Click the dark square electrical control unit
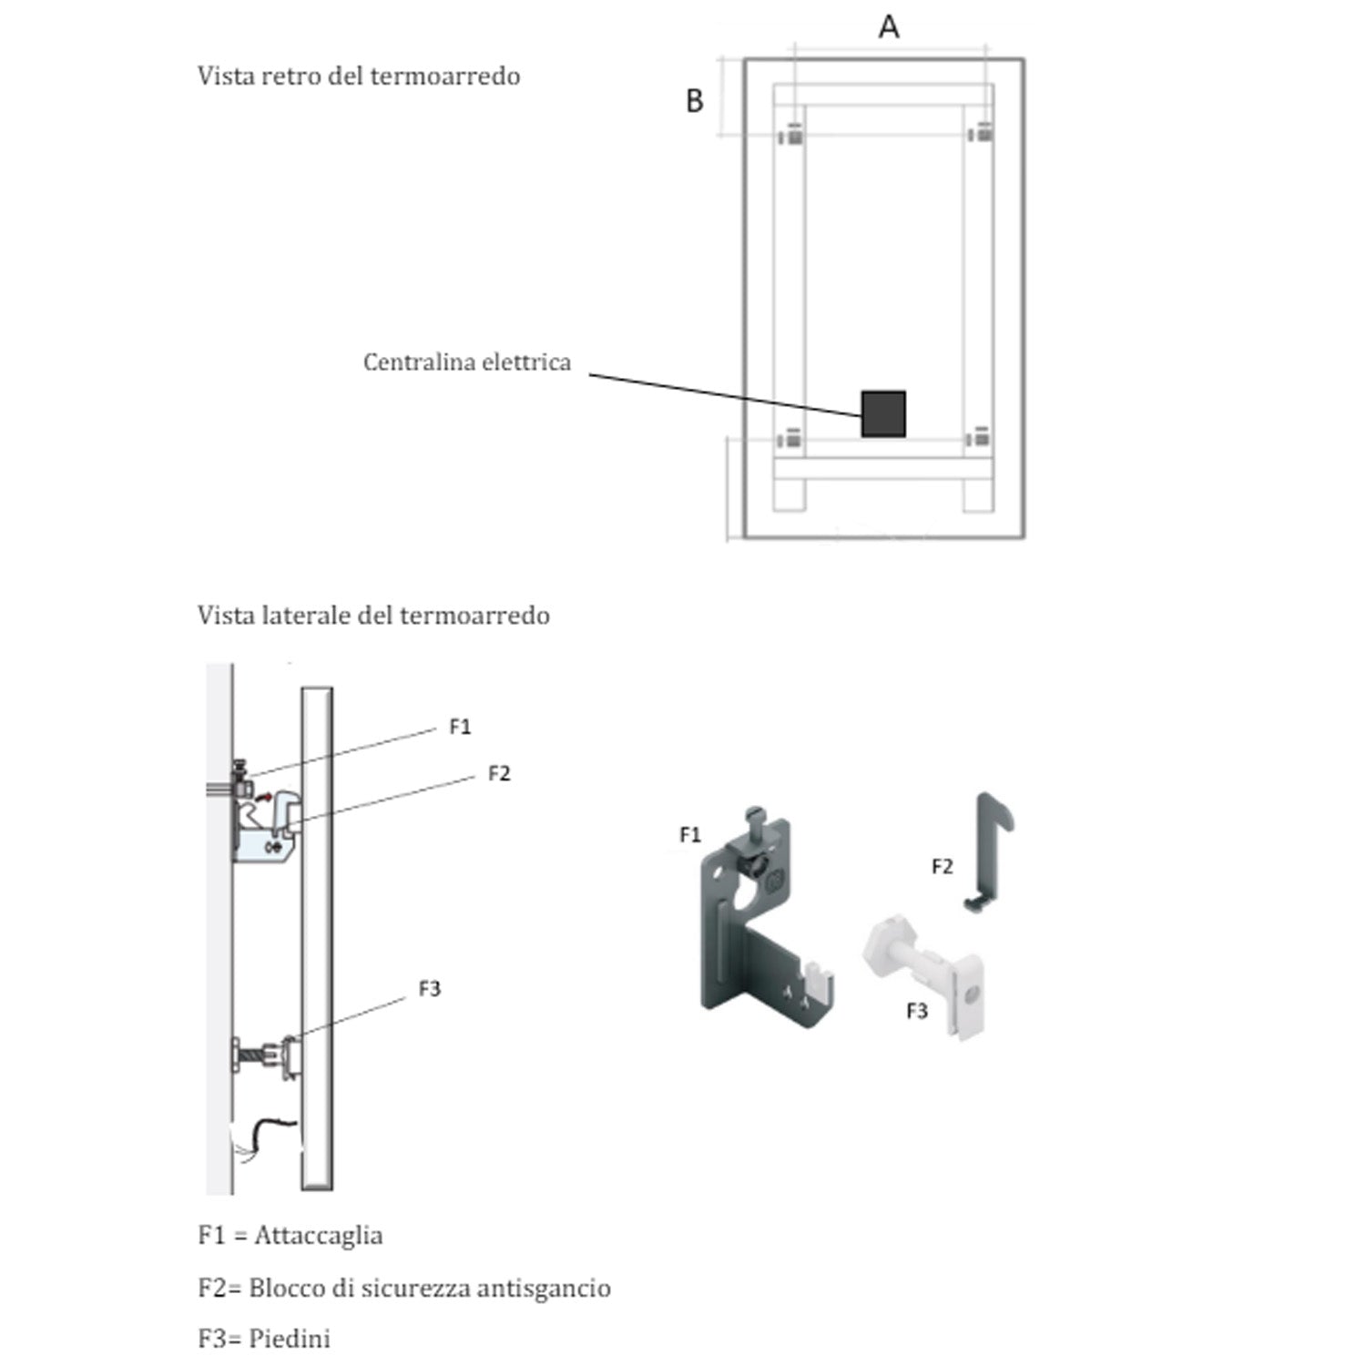click(x=883, y=414)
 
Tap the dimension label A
click(x=889, y=27)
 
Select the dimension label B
click(x=694, y=101)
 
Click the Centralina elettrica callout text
click(x=467, y=362)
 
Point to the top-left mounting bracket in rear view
click(x=790, y=136)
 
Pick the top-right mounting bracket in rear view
click(x=981, y=134)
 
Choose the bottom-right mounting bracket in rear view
click(x=979, y=438)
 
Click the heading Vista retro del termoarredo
click(x=359, y=76)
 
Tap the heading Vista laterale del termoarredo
click(x=373, y=616)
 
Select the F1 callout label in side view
click(x=460, y=727)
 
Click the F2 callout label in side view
click(x=499, y=774)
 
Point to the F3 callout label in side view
click(x=429, y=989)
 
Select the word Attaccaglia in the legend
click(x=319, y=1236)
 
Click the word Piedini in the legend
click(x=290, y=1339)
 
